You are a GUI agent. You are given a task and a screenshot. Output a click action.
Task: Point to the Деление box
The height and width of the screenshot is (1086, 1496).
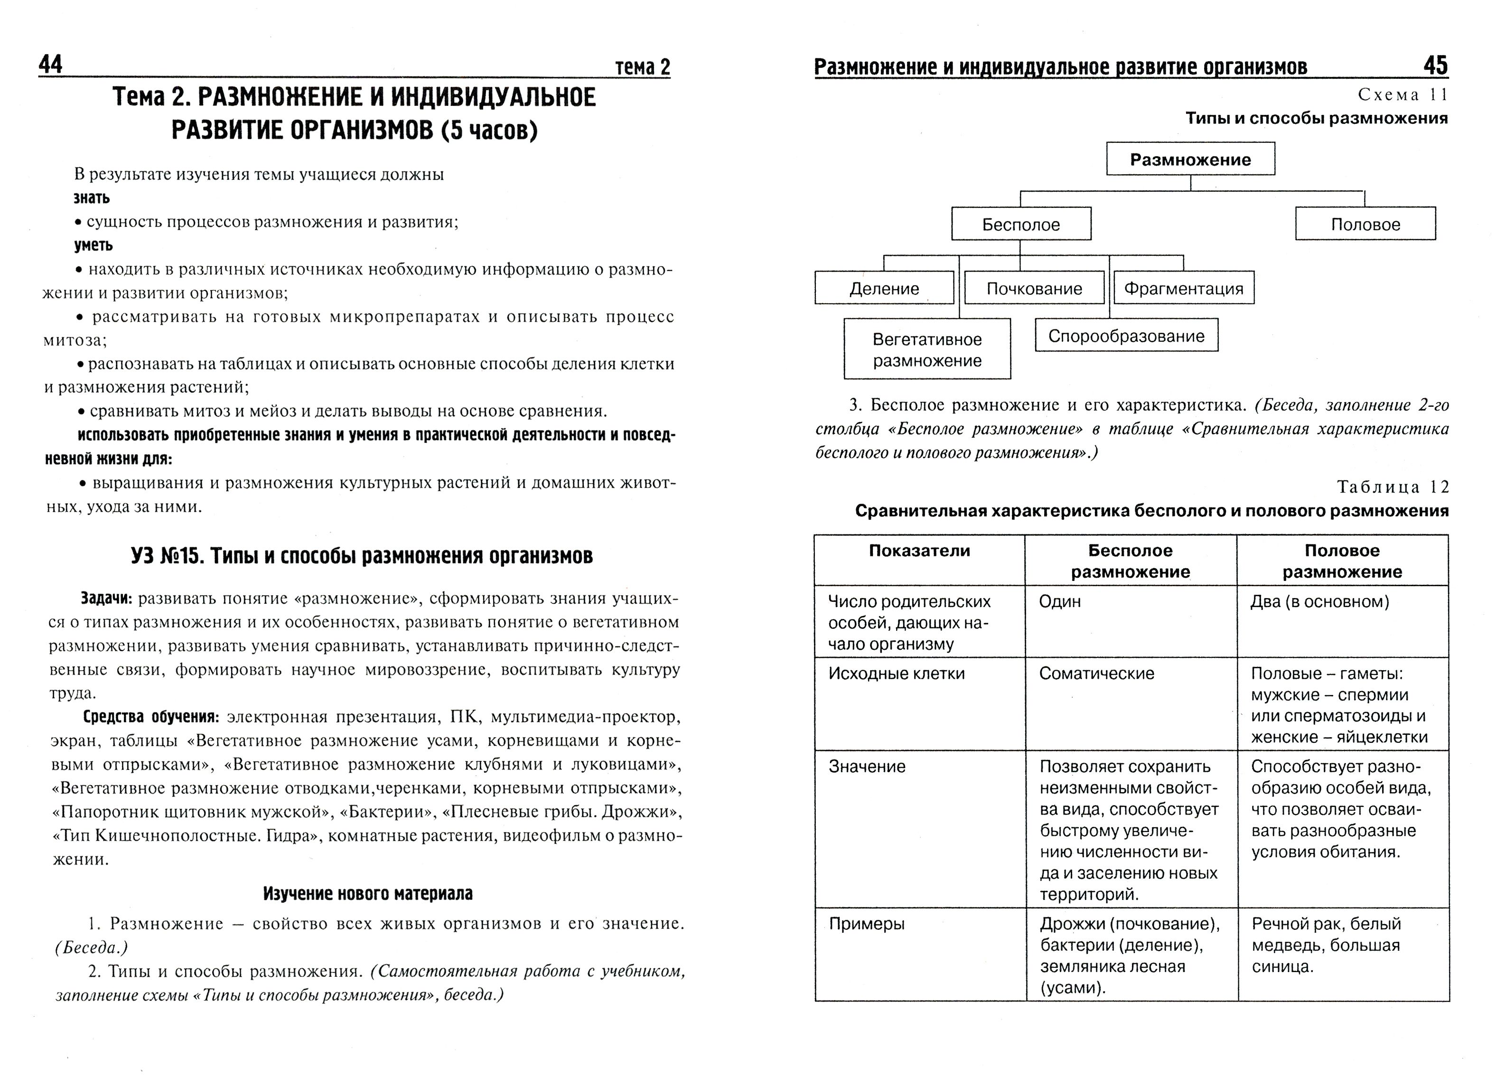click(x=884, y=288)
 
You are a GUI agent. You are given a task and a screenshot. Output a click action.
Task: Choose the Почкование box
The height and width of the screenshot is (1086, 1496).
click(x=1034, y=288)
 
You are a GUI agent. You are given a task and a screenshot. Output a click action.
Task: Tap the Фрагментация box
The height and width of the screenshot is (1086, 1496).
click(x=1183, y=288)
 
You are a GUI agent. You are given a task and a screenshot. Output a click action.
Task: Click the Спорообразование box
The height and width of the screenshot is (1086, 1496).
click(x=1126, y=336)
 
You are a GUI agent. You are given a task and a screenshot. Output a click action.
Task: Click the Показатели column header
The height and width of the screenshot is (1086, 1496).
click(x=919, y=551)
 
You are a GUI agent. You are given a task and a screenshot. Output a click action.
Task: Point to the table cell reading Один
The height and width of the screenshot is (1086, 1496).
click(x=1059, y=601)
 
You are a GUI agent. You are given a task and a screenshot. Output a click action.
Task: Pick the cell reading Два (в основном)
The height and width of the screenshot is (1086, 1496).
click(x=1319, y=601)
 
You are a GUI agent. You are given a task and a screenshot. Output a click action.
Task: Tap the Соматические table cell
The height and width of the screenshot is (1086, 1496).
click(x=1096, y=673)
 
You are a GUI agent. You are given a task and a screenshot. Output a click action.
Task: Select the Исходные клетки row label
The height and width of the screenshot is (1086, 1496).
click(x=896, y=673)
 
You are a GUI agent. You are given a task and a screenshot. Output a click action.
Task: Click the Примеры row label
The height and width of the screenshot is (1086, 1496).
click(x=866, y=924)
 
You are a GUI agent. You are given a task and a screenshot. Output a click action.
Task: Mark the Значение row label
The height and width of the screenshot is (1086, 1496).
click(x=867, y=766)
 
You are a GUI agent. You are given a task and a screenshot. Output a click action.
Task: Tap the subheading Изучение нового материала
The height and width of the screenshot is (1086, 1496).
click(x=367, y=893)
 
